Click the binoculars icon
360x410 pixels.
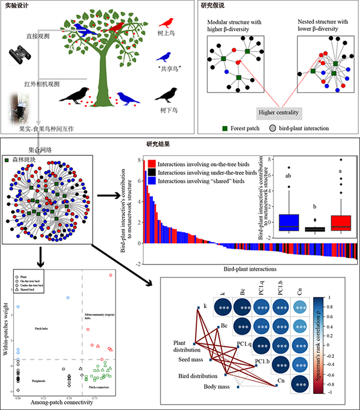[x=19, y=57]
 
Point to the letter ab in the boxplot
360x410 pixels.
[x=289, y=177]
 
